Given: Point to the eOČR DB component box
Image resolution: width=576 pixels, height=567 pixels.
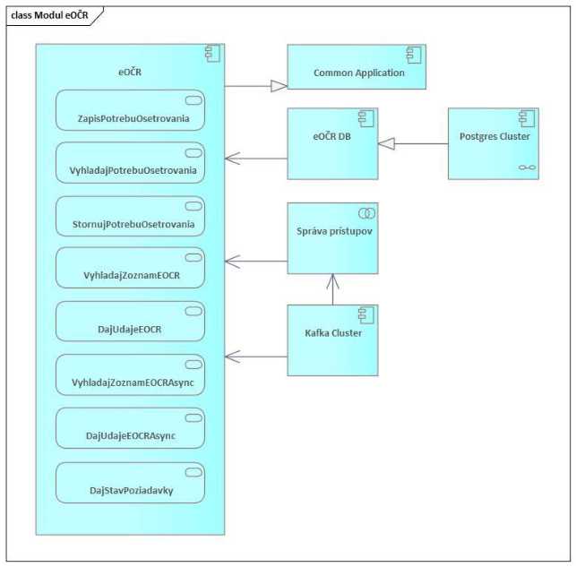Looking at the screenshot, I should coord(332,143).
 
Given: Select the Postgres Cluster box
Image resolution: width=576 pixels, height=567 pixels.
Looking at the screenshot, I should coord(494,143).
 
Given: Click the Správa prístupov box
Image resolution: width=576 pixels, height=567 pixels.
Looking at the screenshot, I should coord(332,238).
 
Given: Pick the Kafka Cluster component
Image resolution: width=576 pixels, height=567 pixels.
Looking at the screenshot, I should coord(332,339).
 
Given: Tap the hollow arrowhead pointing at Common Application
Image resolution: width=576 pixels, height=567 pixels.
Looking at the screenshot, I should coord(279,86).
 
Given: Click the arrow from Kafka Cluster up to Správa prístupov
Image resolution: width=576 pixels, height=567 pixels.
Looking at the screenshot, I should coord(332,289).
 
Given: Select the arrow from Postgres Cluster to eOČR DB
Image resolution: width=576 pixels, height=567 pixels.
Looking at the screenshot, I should coord(413,143).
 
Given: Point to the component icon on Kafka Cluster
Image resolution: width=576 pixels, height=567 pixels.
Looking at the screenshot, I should coord(365,314).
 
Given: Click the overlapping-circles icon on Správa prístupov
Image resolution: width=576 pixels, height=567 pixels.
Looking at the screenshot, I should coord(365,212).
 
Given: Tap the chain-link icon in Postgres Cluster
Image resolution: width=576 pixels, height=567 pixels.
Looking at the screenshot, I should coord(525,168).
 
